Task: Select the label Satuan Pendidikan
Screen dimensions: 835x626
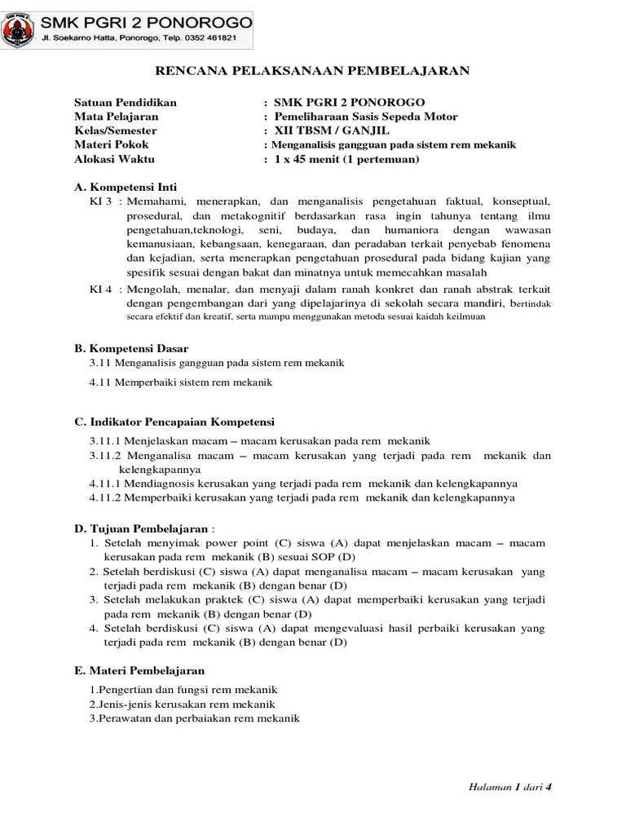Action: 125,103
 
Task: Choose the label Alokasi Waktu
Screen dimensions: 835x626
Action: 113,159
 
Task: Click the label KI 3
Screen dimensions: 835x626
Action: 101,201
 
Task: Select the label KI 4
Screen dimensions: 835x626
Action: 101,289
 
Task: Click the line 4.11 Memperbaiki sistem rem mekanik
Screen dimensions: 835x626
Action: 181,382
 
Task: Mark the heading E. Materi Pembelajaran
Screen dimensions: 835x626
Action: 139,669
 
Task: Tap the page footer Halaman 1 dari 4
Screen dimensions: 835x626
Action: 500,787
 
